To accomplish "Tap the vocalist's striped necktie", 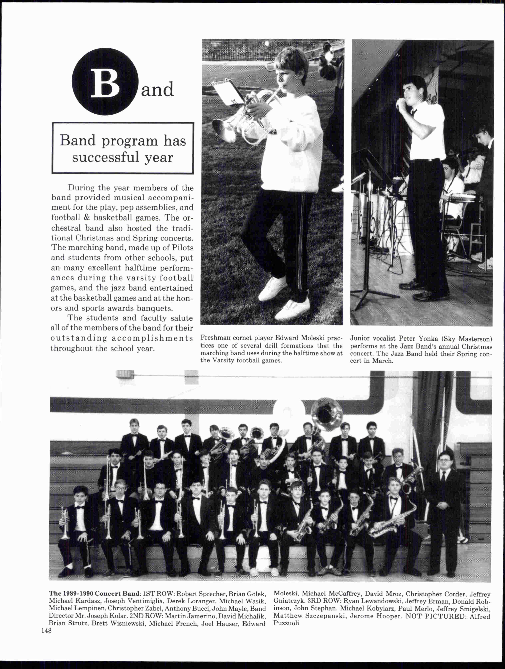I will pos(409,133).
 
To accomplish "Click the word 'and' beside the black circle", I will pos(157,90).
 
